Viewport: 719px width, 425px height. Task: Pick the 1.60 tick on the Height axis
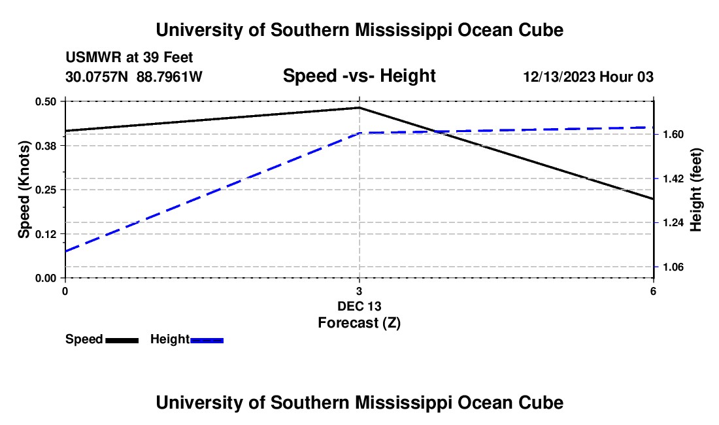click(x=673, y=134)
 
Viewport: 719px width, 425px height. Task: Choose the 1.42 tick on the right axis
click(x=673, y=178)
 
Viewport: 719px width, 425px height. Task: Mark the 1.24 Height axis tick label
click(x=673, y=223)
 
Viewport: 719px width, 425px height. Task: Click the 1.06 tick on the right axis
click(x=673, y=267)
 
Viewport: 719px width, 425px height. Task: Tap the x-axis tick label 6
click(x=653, y=291)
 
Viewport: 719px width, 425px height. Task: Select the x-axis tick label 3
click(x=359, y=291)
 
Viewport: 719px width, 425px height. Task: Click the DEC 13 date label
click(x=359, y=306)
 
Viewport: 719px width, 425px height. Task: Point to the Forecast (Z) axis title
click(x=359, y=323)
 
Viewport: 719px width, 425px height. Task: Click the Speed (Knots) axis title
click(x=24, y=190)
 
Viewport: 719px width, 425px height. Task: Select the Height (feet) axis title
click(x=695, y=190)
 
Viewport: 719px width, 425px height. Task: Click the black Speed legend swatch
click(x=122, y=340)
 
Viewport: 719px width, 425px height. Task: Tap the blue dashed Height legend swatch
click(x=207, y=340)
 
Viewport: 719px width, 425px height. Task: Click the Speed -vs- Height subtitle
click(x=359, y=76)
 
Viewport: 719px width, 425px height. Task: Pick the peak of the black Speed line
click(x=359, y=108)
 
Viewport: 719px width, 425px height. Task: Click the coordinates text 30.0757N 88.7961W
click(x=134, y=76)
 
